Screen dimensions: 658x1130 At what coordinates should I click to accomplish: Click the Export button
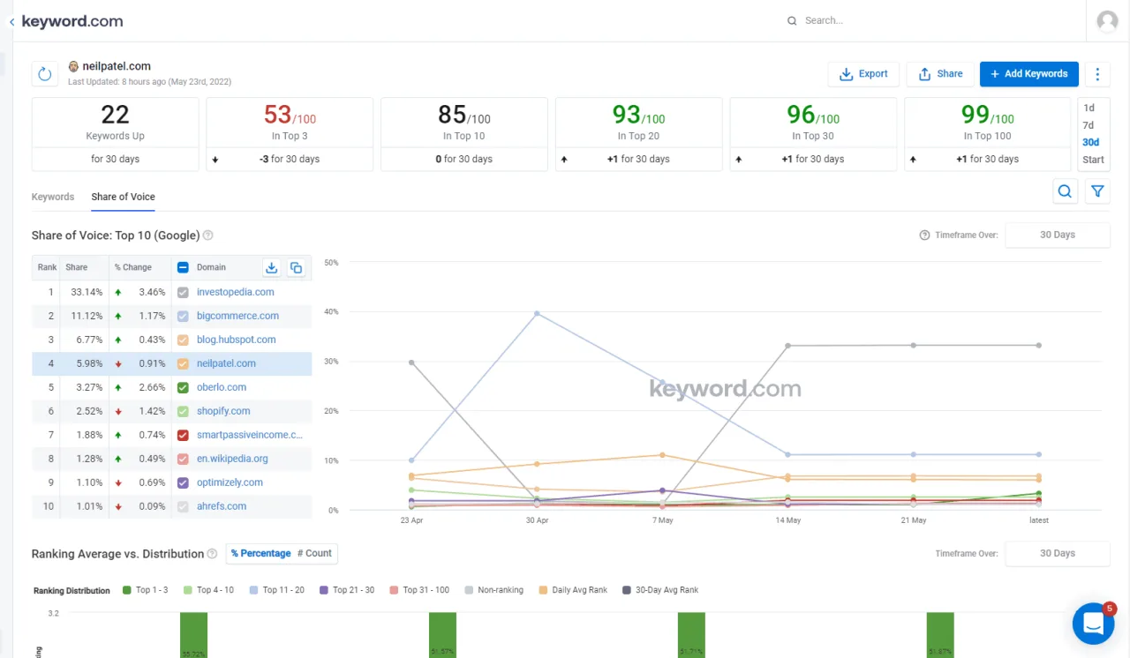pos(863,74)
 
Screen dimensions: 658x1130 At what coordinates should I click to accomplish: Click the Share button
pos(940,74)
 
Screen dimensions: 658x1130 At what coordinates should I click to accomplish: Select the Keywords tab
pos(53,197)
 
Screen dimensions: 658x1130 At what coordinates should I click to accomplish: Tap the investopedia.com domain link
pos(235,292)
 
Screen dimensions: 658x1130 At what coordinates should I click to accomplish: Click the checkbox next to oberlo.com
pos(183,387)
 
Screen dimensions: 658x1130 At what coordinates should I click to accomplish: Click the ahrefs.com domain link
pos(221,506)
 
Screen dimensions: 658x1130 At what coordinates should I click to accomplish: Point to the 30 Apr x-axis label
pos(537,520)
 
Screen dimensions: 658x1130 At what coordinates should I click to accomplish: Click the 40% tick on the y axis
pos(332,311)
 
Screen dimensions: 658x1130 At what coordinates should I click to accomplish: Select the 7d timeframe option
pos(1088,125)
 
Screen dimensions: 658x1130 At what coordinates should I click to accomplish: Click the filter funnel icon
pos(1097,191)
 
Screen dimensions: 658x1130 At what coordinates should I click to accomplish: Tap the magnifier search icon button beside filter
pos(1065,191)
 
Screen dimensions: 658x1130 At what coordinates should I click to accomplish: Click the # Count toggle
pos(314,554)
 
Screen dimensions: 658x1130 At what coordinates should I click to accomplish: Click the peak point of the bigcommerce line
pos(537,313)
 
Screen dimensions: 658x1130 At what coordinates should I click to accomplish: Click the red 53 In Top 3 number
pos(277,115)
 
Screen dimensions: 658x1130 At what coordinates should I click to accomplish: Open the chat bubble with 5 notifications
pos(1093,624)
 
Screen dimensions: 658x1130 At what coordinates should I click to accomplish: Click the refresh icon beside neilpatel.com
pos(45,74)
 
